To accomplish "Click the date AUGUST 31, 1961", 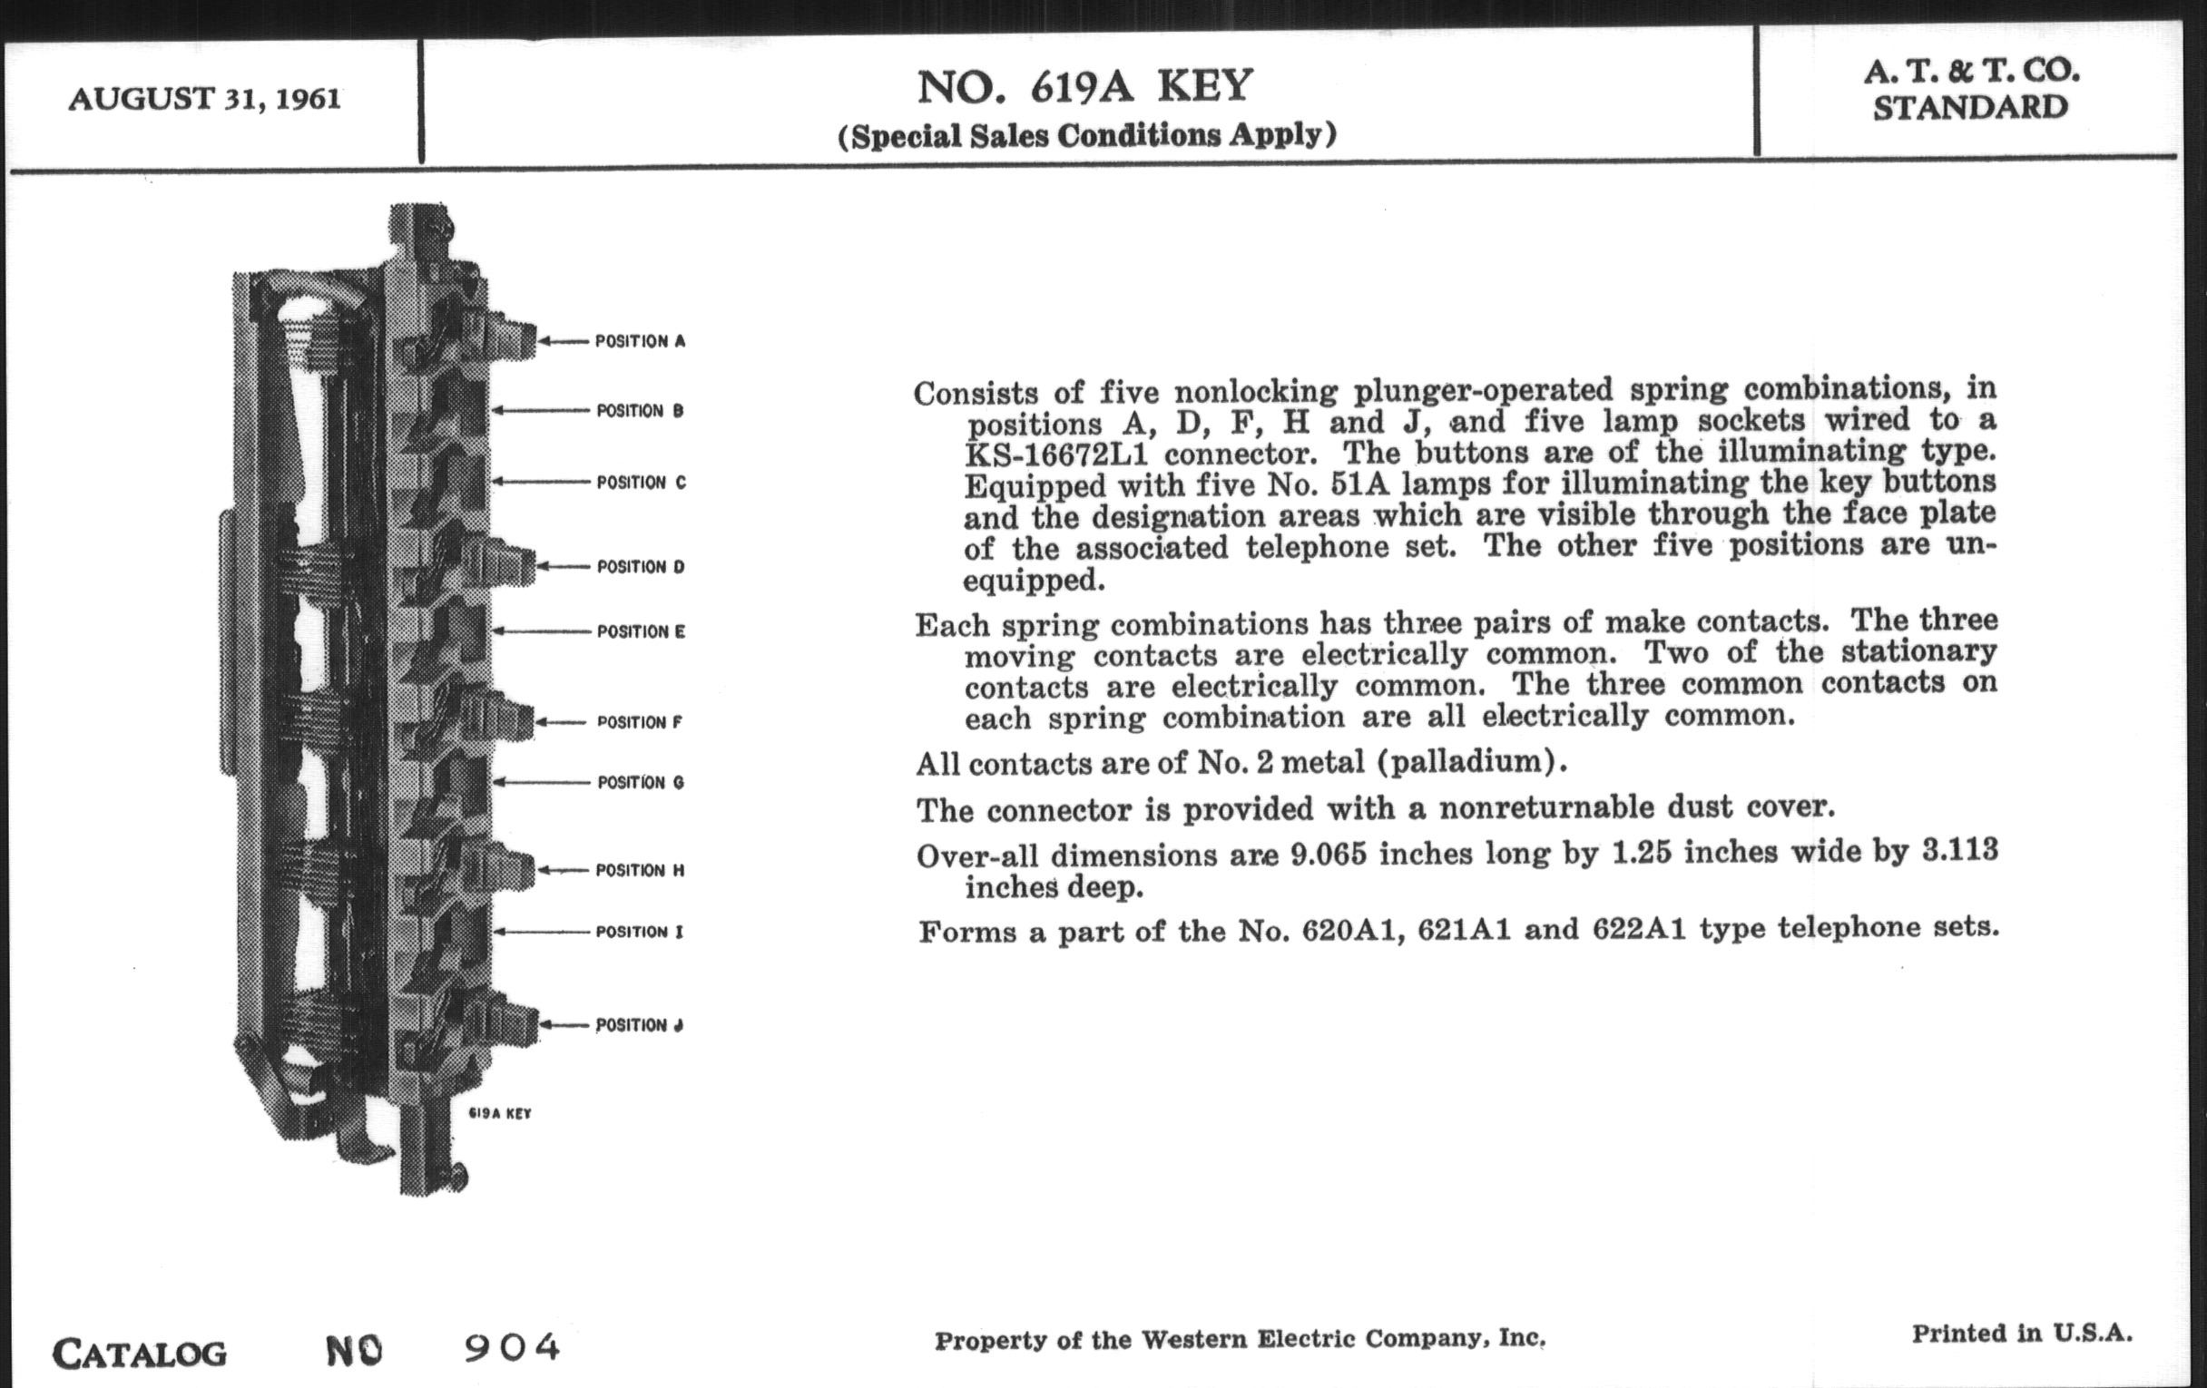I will pos(204,99).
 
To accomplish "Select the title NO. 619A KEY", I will pos(1084,87).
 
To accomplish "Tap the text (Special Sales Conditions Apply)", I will pos(1087,135).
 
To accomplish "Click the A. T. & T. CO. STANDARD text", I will pos(1970,89).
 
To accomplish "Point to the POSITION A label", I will pos(640,342).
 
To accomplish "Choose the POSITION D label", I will pos(641,567).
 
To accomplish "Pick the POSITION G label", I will pos(641,782).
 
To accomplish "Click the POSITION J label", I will pos(640,1025).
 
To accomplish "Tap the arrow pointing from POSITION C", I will pos(541,482).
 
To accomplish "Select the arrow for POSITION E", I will pos(541,631).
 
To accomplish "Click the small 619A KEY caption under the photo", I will pos(499,1114).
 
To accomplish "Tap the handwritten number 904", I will pos(512,1347).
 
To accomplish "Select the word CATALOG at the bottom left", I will pos(140,1354).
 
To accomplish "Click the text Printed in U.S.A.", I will pos(2022,1334).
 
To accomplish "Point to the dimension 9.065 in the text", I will pos(1328,854).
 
